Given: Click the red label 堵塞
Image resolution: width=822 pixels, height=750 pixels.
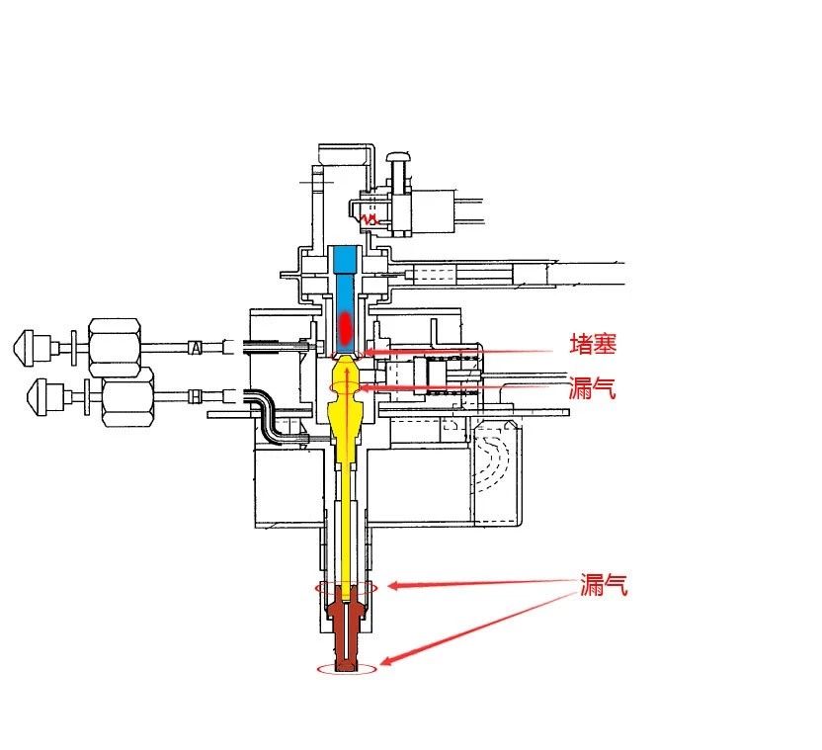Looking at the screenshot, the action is pos(593,344).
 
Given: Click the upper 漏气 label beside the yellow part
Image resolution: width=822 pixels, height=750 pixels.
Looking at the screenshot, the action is pos(593,388).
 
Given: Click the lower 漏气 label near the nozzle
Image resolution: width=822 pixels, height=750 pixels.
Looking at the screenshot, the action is pos(604,585).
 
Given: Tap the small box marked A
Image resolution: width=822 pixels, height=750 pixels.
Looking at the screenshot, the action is pos(196,347).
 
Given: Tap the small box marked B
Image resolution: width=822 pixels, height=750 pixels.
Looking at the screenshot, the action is pos(195,396).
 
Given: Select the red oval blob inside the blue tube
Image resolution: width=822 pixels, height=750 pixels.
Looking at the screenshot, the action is pos(345,326).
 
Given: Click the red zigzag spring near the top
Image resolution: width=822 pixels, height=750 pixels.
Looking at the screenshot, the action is pos(370,218).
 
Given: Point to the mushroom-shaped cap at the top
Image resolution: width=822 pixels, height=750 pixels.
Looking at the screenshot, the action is pos(399,157).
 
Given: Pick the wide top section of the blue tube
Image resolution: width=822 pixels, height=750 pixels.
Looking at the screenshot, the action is pos(346,259).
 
